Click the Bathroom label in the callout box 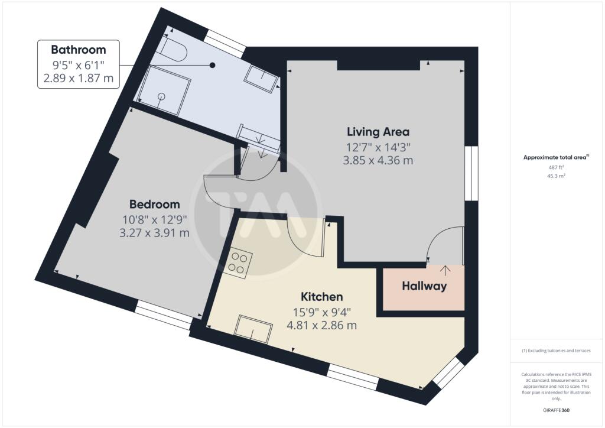pos(79,50)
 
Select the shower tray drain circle pos(162,96)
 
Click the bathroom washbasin pos(262,79)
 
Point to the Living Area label pos(378,132)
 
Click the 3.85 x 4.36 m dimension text pos(378,160)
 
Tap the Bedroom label pos(154,204)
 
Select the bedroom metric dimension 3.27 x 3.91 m pos(154,233)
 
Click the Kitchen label pos(322,296)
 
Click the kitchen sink pos(253,329)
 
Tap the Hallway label pos(424,286)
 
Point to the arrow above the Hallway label pos(445,270)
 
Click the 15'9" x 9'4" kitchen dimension pos(322,311)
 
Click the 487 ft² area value pos(557,167)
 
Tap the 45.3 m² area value pos(557,176)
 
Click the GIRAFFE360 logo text pos(556,410)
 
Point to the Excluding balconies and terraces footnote pos(556,351)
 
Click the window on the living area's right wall pos(471,173)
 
